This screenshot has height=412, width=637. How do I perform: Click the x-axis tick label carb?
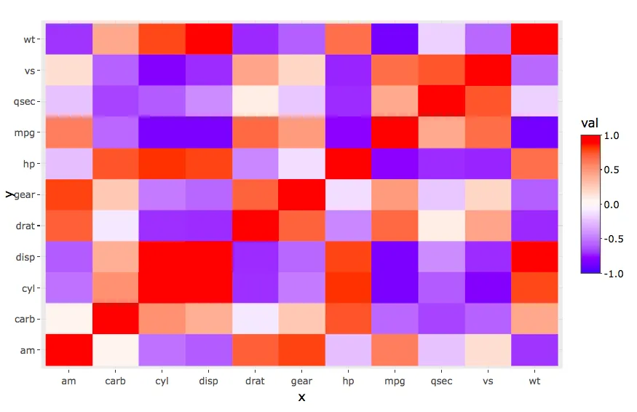(x=115, y=381)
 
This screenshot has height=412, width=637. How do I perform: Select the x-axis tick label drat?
(x=255, y=381)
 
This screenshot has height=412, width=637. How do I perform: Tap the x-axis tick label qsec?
(x=441, y=381)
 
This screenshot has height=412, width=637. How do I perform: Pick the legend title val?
(x=590, y=124)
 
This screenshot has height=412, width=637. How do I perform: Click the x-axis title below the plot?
(x=301, y=397)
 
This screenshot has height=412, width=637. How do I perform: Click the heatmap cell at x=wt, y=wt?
(x=534, y=39)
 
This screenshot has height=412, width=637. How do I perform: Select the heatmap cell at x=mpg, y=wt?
(x=395, y=39)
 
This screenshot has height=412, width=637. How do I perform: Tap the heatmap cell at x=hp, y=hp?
(x=348, y=164)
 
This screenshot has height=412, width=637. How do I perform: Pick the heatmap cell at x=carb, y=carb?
(x=115, y=319)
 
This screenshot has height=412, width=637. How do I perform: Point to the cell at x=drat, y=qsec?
(x=255, y=101)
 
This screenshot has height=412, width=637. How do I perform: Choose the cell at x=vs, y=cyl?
(x=488, y=288)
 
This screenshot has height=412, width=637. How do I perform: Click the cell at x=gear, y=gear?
(x=301, y=194)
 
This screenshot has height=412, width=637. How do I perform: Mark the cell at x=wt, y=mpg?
(x=534, y=132)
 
